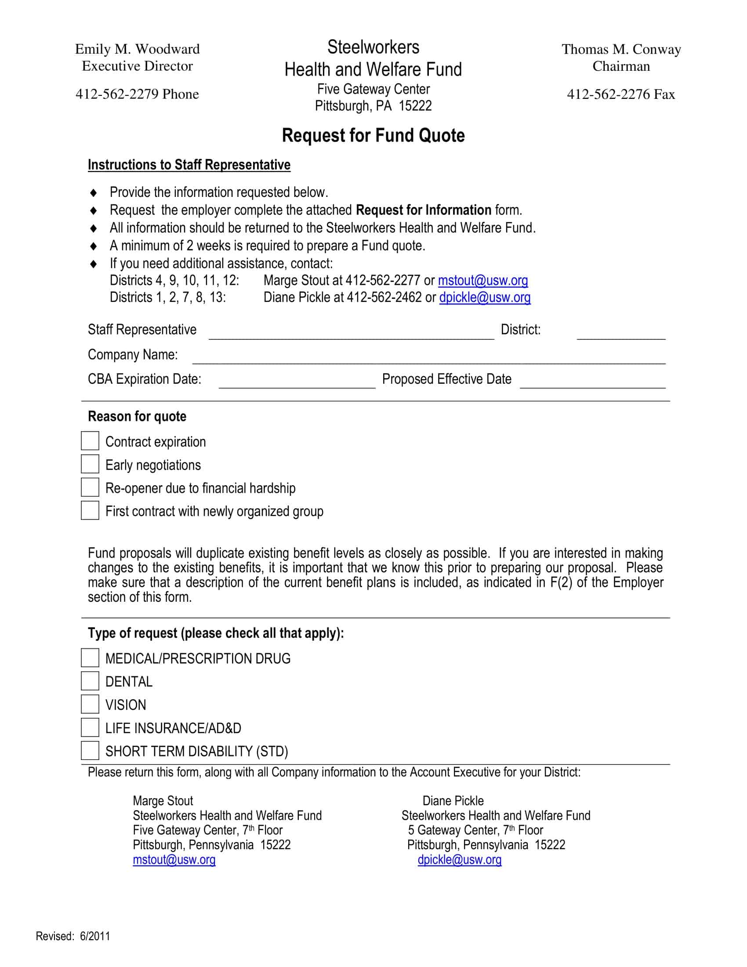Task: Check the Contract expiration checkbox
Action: (x=90, y=441)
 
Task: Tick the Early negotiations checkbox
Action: (x=90, y=464)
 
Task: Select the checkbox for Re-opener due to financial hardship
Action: (x=90, y=487)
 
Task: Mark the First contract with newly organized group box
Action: (x=90, y=510)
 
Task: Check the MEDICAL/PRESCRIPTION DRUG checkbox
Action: (x=90, y=658)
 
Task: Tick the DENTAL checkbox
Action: (x=90, y=681)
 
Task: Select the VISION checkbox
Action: (x=90, y=704)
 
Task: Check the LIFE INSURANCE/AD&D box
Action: (x=90, y=727)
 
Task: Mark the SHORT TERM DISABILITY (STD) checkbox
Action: (x=90, y=750)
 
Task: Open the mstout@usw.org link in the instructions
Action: (x=483, y=280)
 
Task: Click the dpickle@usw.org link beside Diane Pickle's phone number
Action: (x=485, y=297)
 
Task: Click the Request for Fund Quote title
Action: (x=373, y=135)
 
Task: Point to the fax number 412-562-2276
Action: (x=620, y=95)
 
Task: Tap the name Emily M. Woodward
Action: (x=137, y=49)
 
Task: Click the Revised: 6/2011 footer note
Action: (x=73, y=936)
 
